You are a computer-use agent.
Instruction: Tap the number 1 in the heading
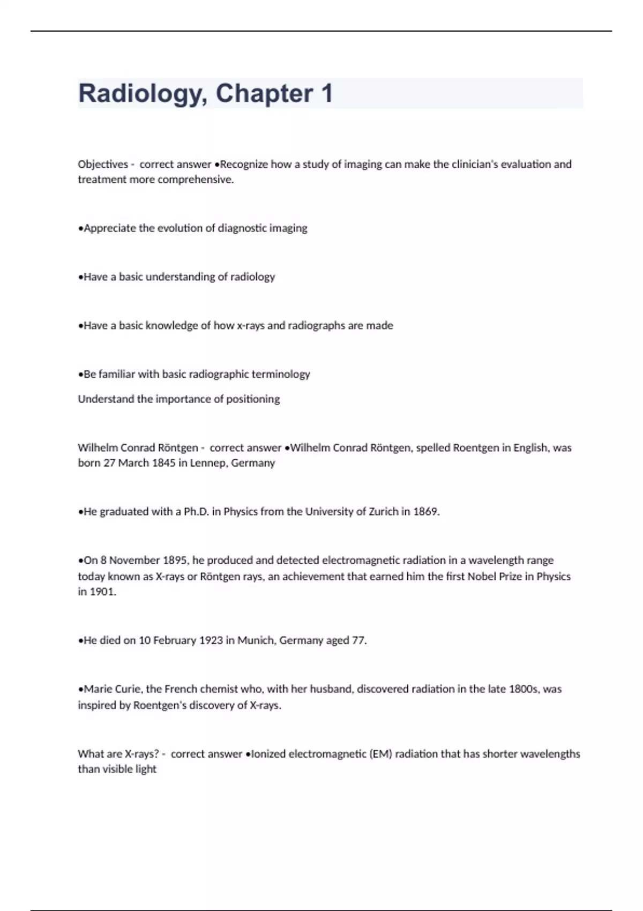point(326,93)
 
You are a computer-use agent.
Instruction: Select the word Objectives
point(103,165)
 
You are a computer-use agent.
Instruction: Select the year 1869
point(426,512)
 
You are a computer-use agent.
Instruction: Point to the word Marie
point(96,689)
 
